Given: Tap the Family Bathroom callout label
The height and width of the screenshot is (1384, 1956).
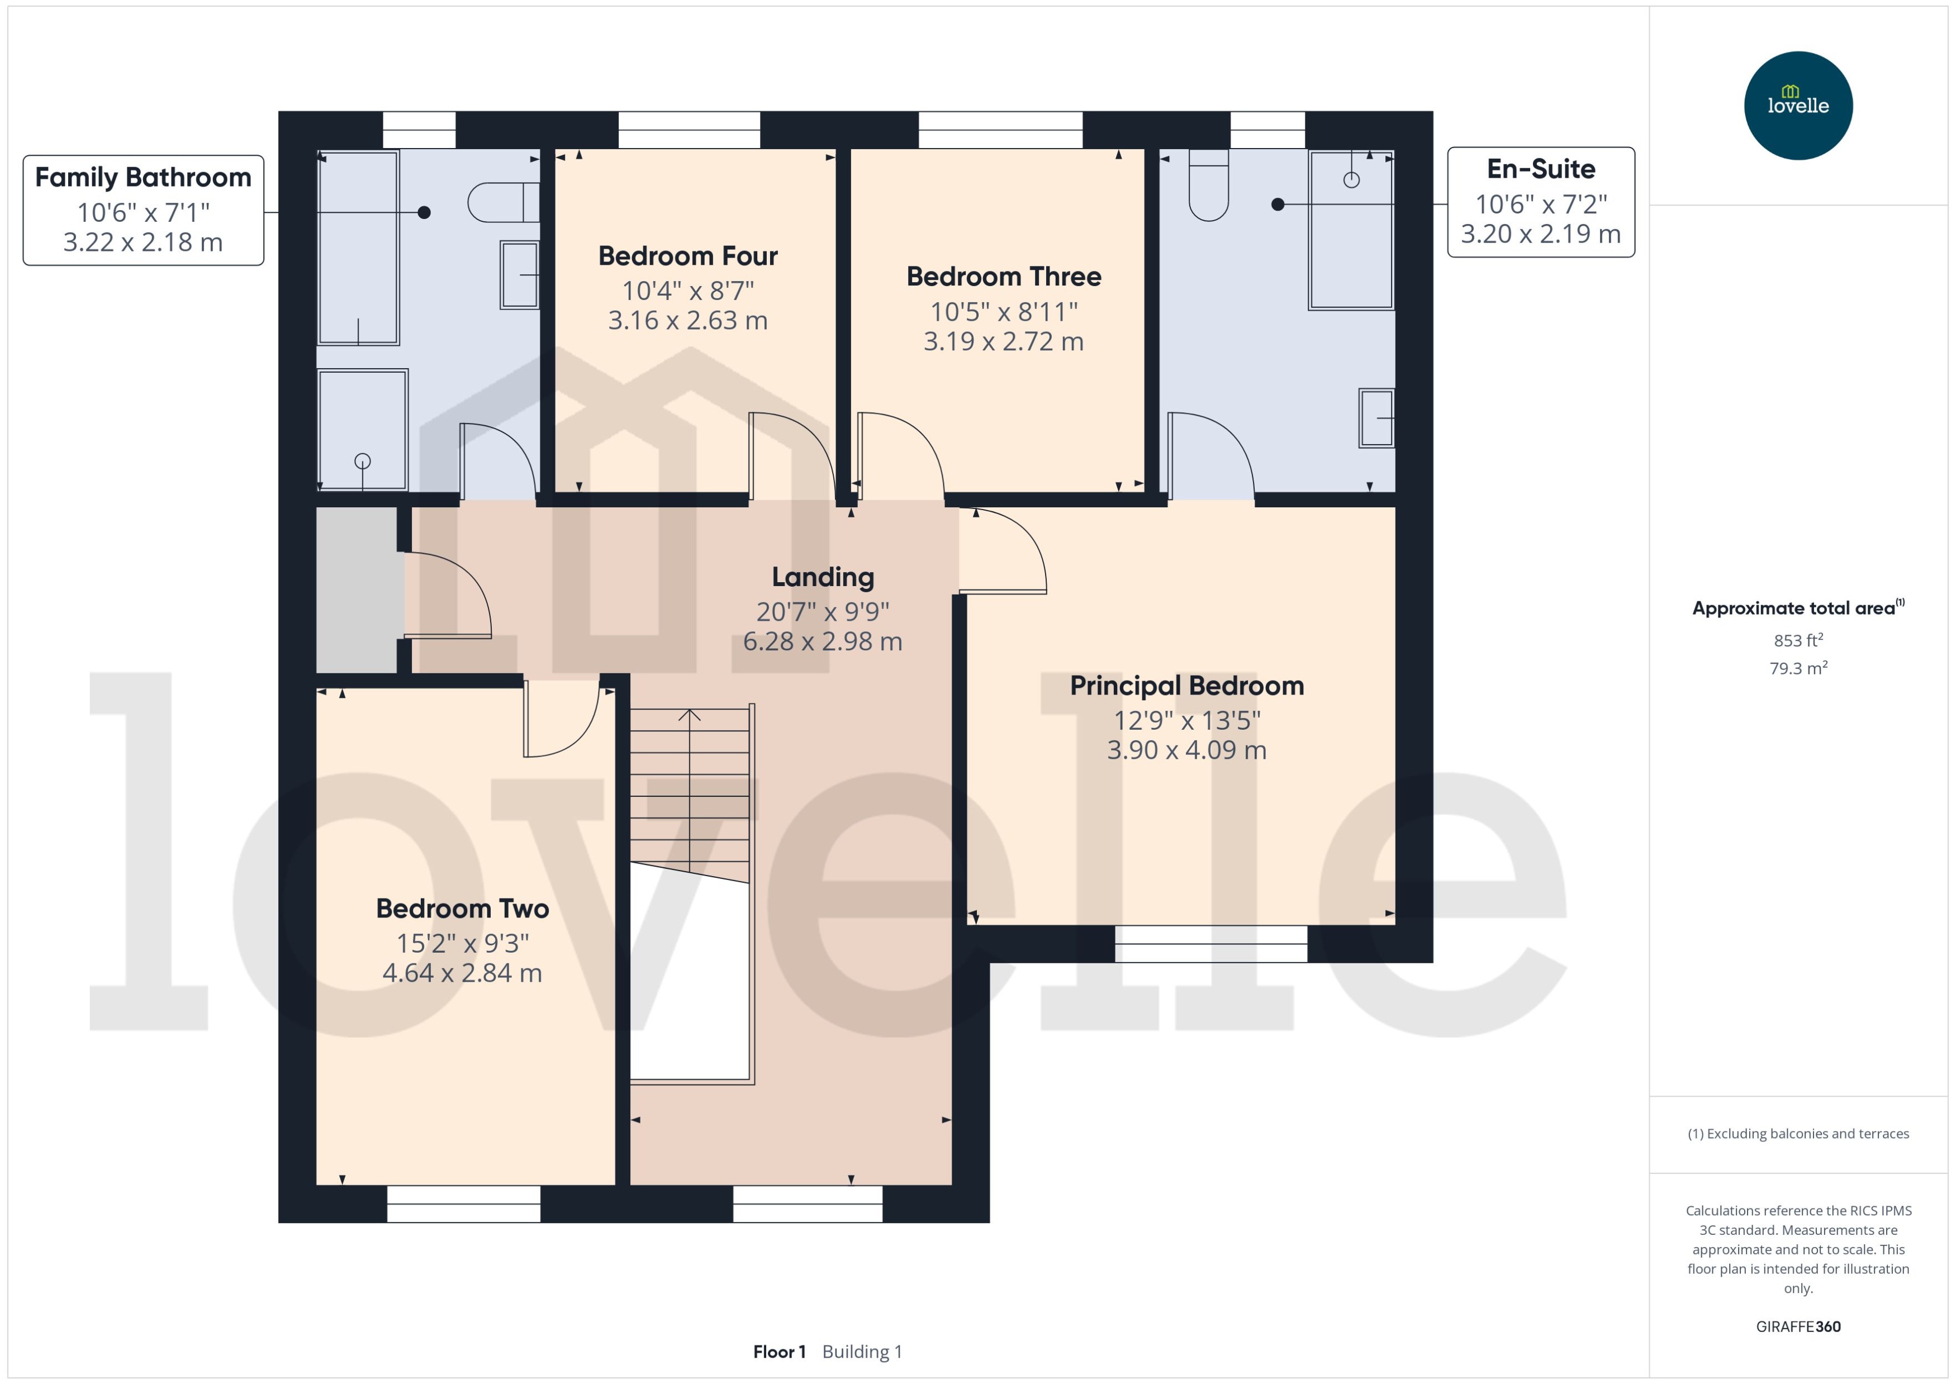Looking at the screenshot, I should coord(143,210).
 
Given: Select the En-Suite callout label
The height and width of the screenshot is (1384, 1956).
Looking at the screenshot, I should coord(1540,202).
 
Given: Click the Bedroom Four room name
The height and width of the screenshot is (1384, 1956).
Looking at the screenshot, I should coord(688,256).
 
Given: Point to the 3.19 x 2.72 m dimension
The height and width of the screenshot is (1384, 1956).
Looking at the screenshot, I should coord(1003,342).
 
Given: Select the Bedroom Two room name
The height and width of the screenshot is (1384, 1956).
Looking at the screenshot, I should coord(462,909).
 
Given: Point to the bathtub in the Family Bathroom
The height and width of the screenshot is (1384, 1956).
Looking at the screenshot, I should coord(358,247).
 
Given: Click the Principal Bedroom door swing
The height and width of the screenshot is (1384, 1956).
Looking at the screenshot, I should coord(1006,550).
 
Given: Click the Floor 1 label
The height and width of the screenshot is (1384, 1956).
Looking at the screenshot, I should coord(778,1352).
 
